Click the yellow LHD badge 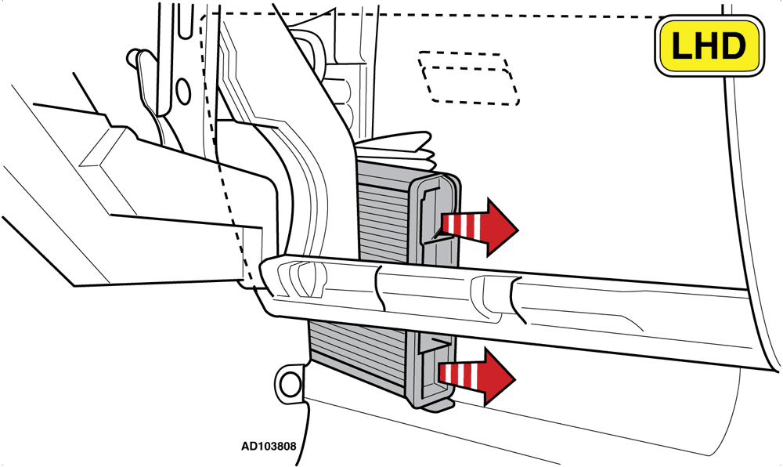coord(709,45)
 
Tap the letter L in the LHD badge coord(682,45)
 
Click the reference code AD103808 coord(269,446)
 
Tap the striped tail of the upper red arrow coord(463,226)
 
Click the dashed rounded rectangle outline coord(468,78)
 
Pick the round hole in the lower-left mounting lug coord(288,385)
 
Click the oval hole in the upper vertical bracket coord(183,92)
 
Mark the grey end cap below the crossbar coord(434,370)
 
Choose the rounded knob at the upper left coord(135,56)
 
